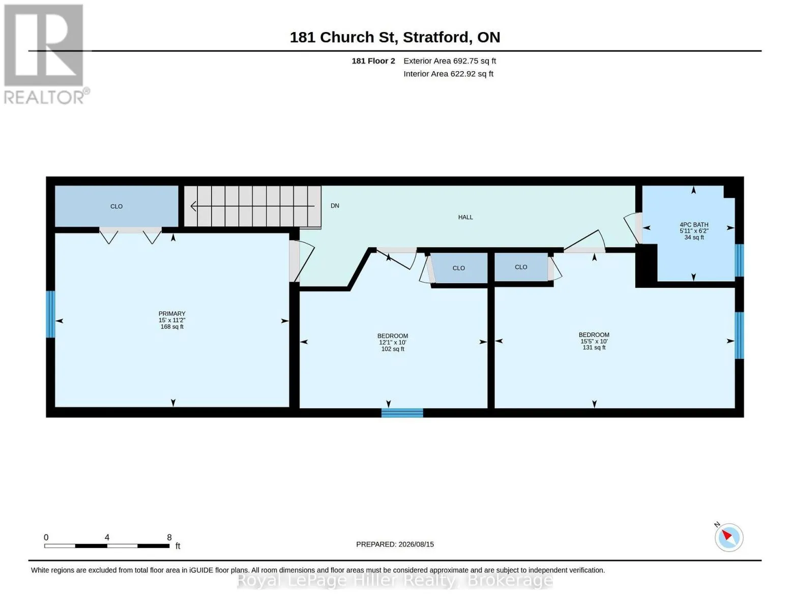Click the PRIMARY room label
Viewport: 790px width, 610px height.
point(171,313)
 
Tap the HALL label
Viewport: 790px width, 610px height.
point(465,217)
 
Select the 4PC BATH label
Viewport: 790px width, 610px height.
point(694,225)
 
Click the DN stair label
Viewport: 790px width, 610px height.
point(335,206)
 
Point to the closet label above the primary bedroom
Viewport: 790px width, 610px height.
point(116,206)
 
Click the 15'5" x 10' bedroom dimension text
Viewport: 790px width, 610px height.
point(594,341)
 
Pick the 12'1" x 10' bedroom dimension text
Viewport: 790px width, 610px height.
point(393,342)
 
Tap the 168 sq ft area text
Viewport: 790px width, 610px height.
point(172,327)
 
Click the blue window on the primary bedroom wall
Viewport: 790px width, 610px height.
point(50,314)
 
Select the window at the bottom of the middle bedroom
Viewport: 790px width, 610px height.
point(402,413)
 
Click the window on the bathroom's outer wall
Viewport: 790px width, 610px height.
point(739,260)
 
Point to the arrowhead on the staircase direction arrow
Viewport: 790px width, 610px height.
point(193,206)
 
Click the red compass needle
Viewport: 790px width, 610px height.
point(726,535)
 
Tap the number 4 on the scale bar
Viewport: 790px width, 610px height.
point(107,537)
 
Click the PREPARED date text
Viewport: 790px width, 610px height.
point(395,544)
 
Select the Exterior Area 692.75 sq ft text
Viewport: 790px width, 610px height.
point(450,60)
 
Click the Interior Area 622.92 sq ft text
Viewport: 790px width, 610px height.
point(448,74)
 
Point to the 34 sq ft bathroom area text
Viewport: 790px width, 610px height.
point(694,237)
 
